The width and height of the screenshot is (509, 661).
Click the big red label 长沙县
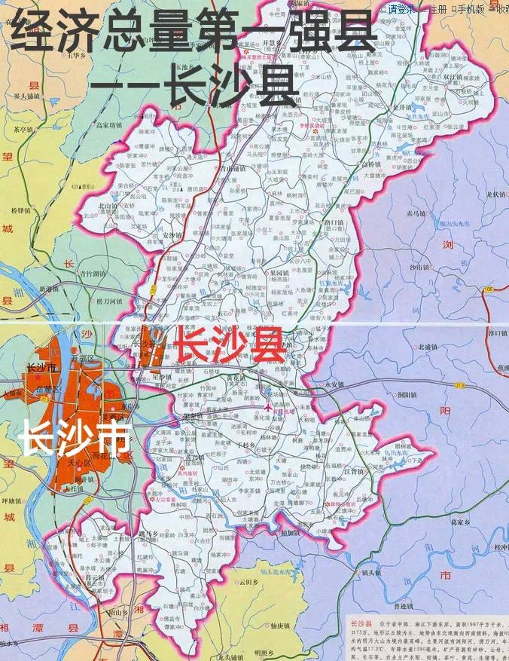coord(230,345)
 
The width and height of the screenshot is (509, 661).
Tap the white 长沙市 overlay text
coord(74,438)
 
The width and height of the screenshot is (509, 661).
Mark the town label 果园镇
coord(279,272)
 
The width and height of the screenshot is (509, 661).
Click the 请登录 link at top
coord(401,10)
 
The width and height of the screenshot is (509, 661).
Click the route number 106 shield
coord(489,289)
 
